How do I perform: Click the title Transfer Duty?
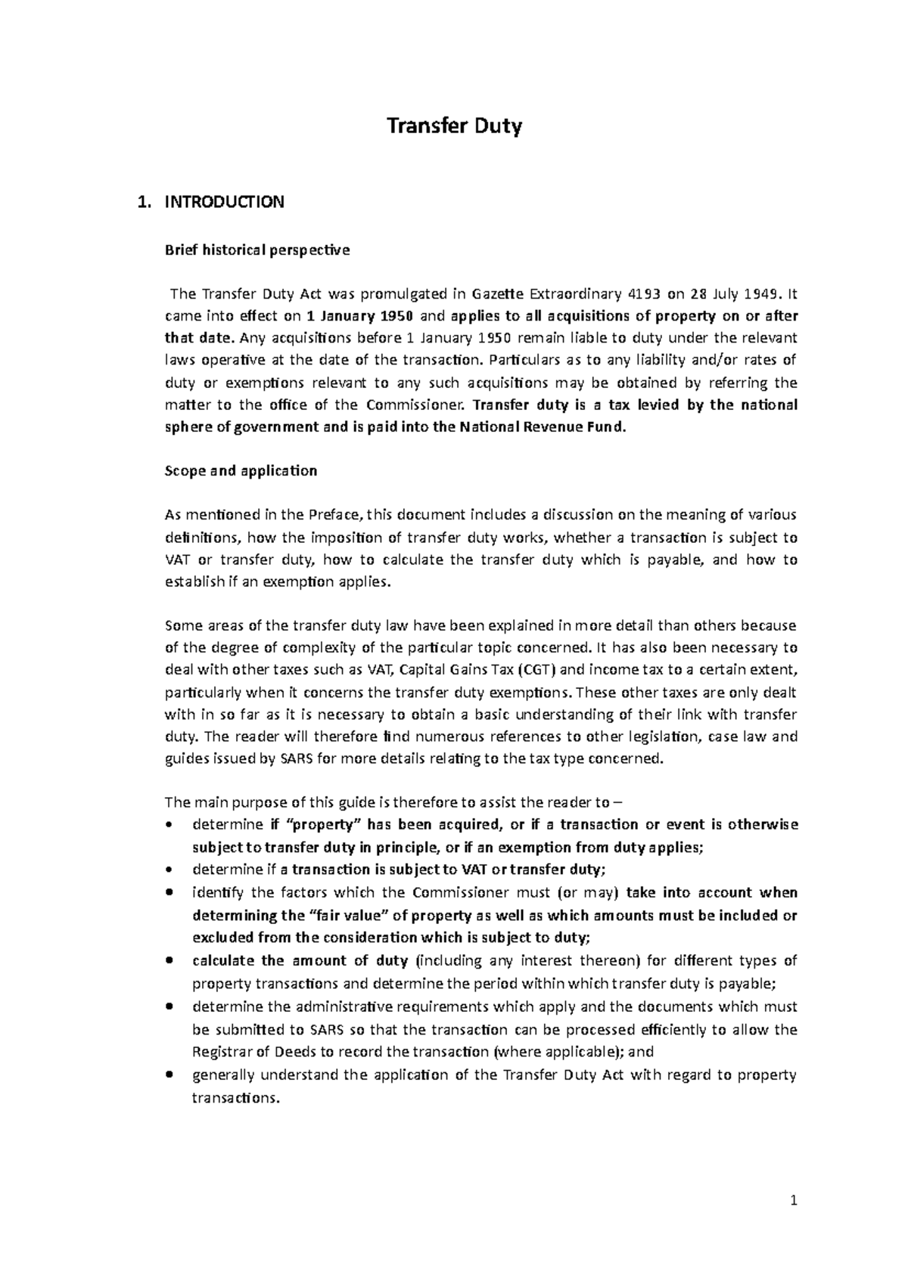(x=454, y=126)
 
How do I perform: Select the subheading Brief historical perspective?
(x=257, y=250)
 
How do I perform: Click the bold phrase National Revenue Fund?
(x=542, y=426)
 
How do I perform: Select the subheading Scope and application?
(x=241, y=470)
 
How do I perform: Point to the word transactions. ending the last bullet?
(x=236, y=1098)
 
